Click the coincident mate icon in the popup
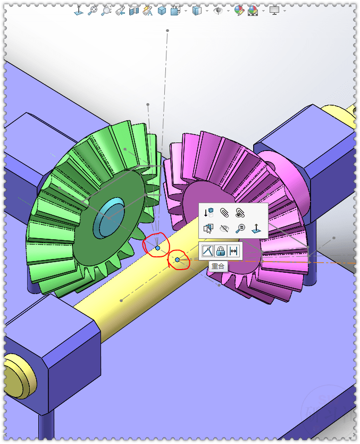coord(207,251)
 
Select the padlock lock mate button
coord(220,251)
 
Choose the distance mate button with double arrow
coord(233,251)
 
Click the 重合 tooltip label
coord(218,266)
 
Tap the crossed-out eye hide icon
coord(224,229)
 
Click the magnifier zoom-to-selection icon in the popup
coord(240,229)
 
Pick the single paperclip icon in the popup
coord(224,213)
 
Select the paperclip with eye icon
coord(240,213)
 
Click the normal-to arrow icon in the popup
coord(256,229)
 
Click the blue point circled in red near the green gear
coord(157,248)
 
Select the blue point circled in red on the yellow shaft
coord(178,259)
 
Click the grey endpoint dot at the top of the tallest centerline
coord(168,30)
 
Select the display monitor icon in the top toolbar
coord(274,10)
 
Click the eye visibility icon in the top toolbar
coord(217,10)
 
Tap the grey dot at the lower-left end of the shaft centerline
coord(122,301)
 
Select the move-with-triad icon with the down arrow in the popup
coord(208,213)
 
